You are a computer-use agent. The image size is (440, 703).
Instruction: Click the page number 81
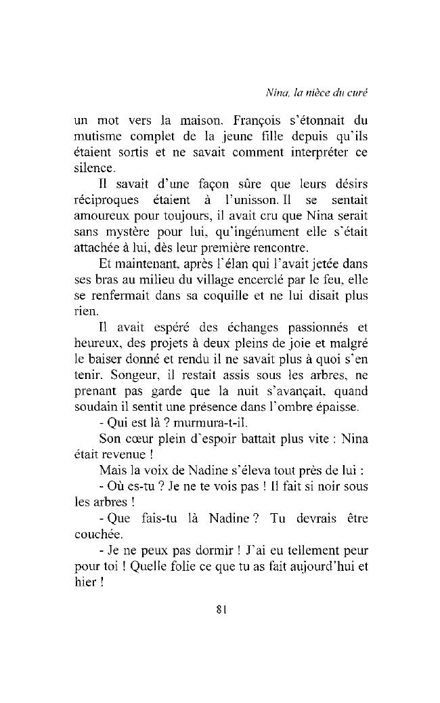pos(220,608)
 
